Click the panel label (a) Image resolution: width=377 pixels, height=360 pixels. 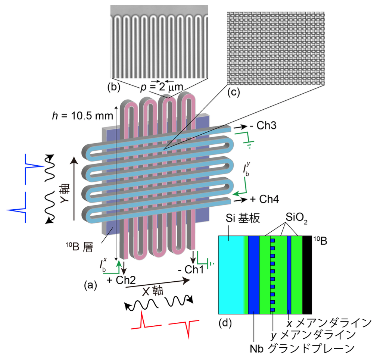(x=90, y=285)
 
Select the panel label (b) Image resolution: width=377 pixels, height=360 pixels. (x=114, y=87)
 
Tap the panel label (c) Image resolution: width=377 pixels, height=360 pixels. (x=233, y=92)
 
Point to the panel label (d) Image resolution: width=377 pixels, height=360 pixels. (x=225, y=323)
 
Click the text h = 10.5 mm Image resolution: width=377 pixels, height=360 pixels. (x=82, y=116)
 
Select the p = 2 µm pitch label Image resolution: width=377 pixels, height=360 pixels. (x=162, y=87)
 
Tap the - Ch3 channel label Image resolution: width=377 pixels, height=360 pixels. (x=263, y=125)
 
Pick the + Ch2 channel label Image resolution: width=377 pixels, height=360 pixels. (x=121, y=280)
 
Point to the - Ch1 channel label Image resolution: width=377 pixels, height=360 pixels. (x=191, y=270)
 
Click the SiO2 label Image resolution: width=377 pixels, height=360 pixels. (x=296, y=218)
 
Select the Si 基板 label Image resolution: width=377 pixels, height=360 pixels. (x=243, y=218)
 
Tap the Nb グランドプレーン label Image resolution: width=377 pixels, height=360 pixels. (x=302, y=349)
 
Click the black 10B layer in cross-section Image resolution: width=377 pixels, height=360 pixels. (x=307, y=275)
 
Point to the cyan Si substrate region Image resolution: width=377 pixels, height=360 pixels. (x=232, y=275)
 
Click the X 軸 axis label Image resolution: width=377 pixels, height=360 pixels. (x=152, y=291)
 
